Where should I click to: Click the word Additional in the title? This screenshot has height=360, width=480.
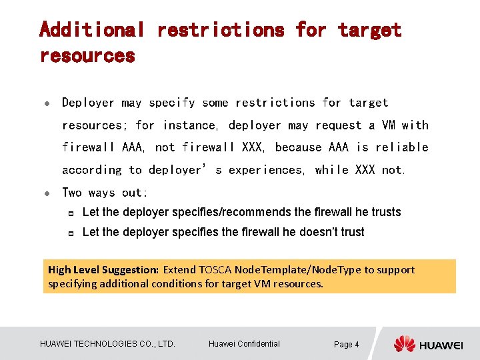[92, 30]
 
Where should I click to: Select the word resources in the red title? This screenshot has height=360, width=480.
[87, 56]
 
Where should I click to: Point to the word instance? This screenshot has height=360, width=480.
[190, 125]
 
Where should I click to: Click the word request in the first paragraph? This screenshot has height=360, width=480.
[337, 125]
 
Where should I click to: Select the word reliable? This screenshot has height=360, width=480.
[401, 147]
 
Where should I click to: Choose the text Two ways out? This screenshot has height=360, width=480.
[105, 193]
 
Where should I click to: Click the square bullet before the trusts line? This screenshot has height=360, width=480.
[69, 213]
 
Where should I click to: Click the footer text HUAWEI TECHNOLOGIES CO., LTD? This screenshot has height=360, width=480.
[107, 344]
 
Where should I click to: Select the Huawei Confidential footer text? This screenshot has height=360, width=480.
[244, 344]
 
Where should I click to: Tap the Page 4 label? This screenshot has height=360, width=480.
[346, 345]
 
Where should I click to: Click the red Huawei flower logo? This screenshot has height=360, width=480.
[404, 344]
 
